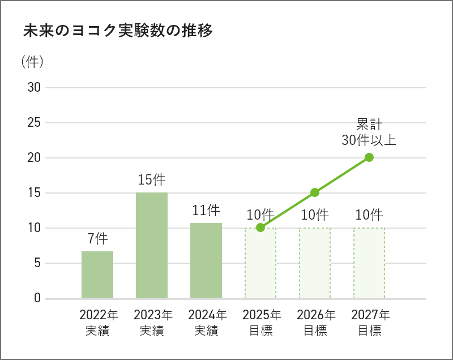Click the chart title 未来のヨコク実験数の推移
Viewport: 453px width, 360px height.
point(118,31)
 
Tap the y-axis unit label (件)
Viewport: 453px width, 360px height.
point(32,62)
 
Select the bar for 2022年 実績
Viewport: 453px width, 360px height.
point(97,275)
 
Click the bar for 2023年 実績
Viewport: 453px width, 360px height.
point(152,245)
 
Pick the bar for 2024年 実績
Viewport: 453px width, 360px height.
point(206,260)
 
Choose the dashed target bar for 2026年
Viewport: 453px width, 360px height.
point(315,263)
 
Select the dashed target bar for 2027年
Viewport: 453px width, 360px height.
point(369,263)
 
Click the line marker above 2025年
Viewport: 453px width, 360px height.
point(260,228)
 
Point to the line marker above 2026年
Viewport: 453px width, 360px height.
point(315,192)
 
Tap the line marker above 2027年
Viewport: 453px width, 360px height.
point(369,157)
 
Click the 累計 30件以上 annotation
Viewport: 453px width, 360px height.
point(369,132)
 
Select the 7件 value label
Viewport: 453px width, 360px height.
point(97,238)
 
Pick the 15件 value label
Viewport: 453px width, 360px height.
point(152,180)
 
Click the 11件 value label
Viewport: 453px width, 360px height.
point(206,211)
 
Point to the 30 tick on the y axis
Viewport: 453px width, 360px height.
point(34,88)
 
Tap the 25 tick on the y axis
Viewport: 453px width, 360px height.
point(34,123)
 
